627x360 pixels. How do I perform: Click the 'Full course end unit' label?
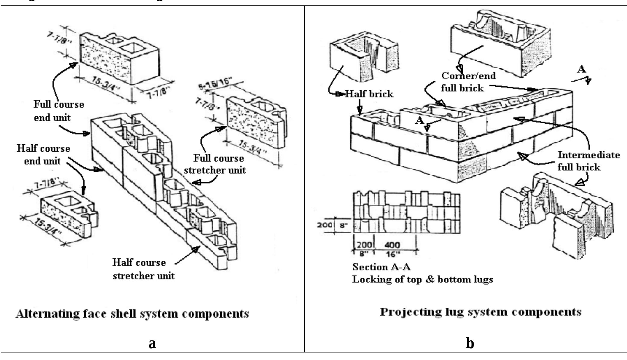pyautogui.click(x=58, y=111)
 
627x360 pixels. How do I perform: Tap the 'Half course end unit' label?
pyautogui.click(x=43, y=155)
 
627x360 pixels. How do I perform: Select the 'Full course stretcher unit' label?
pyautogui.click(x=215, y=164)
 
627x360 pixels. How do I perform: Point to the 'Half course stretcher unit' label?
pyautogui.click(x=143, y=269)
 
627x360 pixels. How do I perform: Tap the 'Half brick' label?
pyautogui.click(x=369, y=94)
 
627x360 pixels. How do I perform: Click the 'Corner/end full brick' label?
pyautogui.click(x=468, y=82)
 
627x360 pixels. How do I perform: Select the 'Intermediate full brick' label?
pyautogui.click(x=588, y=161)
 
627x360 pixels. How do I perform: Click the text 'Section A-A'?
pyautogui.click(x=381, y=267)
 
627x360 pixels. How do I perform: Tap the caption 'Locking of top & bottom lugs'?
pyautogui.click(x=422, y=279)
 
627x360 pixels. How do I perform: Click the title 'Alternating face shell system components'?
pyautogui.click(x=132, y=314)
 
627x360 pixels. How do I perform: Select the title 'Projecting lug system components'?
pyautogui.click(x=480, y=312)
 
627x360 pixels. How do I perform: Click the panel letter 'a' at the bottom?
pyautogui.click(x=152, y=343)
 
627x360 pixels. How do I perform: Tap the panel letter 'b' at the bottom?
pyautogui.click(x=470, y=343)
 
